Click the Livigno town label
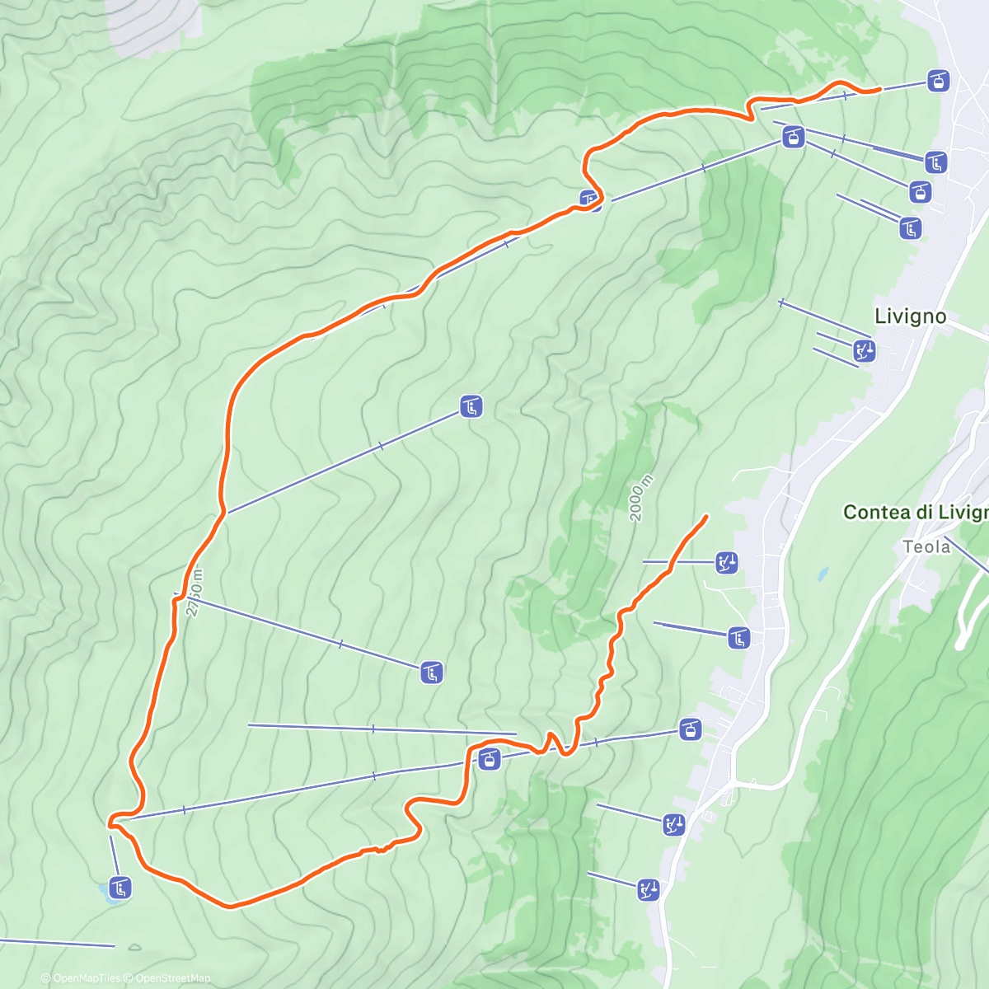[x=910, y=316]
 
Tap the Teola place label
[x=926, y=546]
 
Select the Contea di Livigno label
[x=915, y=512]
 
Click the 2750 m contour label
[x=193, y=592]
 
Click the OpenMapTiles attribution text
[x=87, y=978]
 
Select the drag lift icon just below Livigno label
[x=864, y=351]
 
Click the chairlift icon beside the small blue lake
[x=120, y=888]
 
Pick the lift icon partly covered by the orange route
[x=590, y=199]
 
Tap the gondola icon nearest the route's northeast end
[x=938, y=81]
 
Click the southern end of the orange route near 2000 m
[x=706, y=516]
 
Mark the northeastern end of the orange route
[x=879, y=88]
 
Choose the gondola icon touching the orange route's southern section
[x=490, y=758]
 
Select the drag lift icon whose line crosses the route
[x=726, y=563]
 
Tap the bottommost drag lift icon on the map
[x=649, y=888]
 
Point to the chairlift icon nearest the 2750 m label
[x=431, y=673]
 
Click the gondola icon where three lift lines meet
[x=793, y=136]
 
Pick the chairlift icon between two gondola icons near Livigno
[x=935, y=162]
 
